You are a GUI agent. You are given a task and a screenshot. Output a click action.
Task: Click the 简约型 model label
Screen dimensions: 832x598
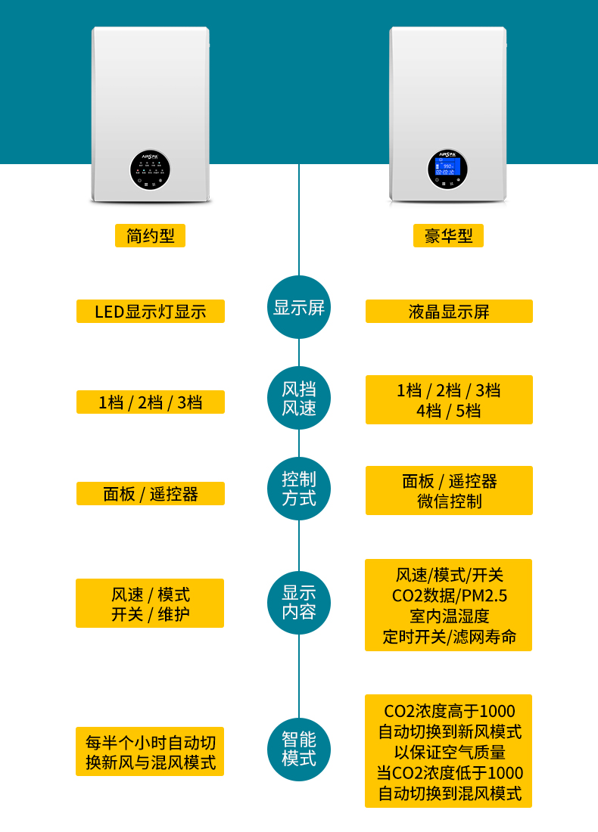[x=150, y=236]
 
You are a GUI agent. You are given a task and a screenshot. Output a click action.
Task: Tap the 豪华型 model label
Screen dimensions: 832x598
[x=448, y=236]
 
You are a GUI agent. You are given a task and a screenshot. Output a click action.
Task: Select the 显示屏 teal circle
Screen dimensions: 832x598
[x=299, y=307]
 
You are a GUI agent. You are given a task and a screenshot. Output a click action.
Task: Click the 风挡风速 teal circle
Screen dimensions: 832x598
[x=299, y=399]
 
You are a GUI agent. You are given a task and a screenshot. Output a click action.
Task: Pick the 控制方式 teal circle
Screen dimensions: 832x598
[x=299, y=489]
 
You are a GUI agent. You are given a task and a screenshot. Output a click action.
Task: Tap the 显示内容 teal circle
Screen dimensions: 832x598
[x=299, y=602]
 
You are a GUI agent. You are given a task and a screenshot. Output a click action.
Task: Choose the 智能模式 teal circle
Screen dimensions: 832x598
[x=299, y=749]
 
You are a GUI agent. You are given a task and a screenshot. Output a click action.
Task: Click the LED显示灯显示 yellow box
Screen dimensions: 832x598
[x=151, y=312]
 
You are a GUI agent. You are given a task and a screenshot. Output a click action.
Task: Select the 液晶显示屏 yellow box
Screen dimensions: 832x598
[x=449, y=312]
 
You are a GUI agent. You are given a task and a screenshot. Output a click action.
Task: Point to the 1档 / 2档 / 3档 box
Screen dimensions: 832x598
[x=151, y=402]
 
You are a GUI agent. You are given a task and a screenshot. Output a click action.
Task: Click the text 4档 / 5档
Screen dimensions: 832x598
[x=449, y=411]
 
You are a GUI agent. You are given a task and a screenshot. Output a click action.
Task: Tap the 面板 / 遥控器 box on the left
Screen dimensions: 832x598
[x=151, y=494]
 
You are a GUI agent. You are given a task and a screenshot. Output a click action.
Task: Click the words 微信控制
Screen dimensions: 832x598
[x=449, y=501]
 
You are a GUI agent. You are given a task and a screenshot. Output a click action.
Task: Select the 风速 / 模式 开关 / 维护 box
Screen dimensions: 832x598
[x=150, y=604]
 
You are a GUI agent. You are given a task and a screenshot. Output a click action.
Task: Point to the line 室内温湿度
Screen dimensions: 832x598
[x=449, y=616]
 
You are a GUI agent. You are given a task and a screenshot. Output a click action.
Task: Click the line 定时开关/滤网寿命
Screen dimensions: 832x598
[x=449, y=637]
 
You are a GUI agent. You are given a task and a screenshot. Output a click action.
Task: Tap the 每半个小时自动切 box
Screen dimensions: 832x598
[x=151, y=752]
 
